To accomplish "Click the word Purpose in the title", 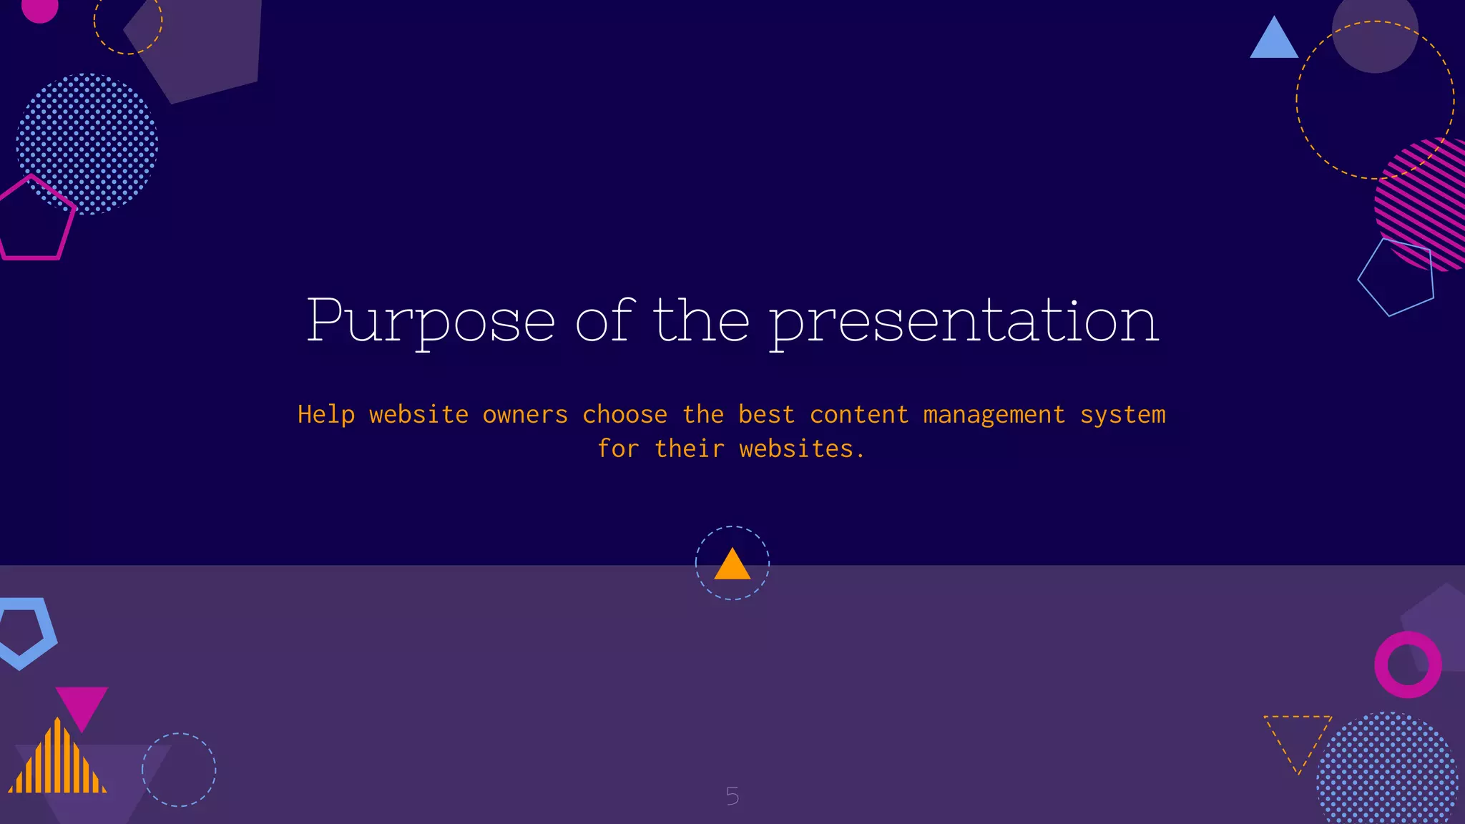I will (431, 322).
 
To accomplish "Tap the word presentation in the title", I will (964, 322).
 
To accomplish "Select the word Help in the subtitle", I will (326, 415).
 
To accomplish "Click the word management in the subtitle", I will (994, 415).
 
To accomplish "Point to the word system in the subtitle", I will (1122, 416).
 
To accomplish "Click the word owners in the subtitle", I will (525, 415).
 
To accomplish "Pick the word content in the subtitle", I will (859, 415).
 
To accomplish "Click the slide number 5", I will (732, 796).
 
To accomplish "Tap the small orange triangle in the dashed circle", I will (732, 565).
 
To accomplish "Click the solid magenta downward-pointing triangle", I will (82, 705).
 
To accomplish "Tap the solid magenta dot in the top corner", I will (40, 9).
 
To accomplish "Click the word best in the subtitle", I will (766, 415).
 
